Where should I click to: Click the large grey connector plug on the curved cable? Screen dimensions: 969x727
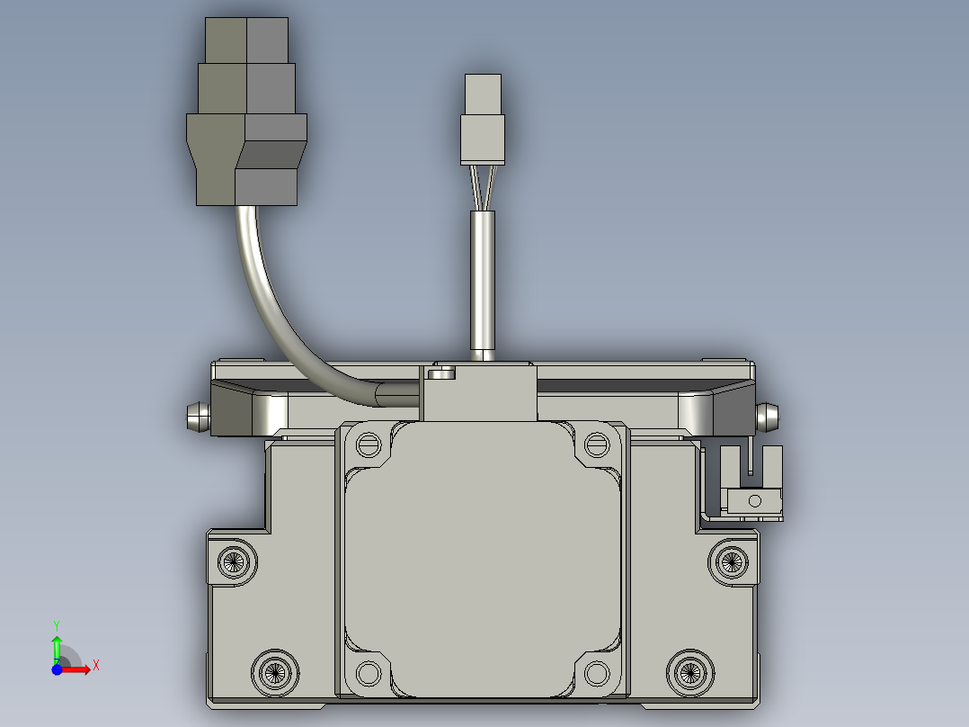click(x=246, y=112)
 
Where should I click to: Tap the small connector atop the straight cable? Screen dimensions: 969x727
click(x=483, y=120)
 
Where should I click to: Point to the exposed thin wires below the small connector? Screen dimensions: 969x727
click(x=483, y=187)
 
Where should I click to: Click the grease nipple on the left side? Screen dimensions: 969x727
click(x=198, y=417)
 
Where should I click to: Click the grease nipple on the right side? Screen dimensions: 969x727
click(x=768, y=417)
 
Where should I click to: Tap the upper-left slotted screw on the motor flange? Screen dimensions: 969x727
click(x=369, y=444)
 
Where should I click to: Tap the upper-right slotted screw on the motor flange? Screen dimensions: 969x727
click(x=597, y=444)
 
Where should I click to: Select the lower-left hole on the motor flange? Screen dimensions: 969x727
click(x=369, y=673)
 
